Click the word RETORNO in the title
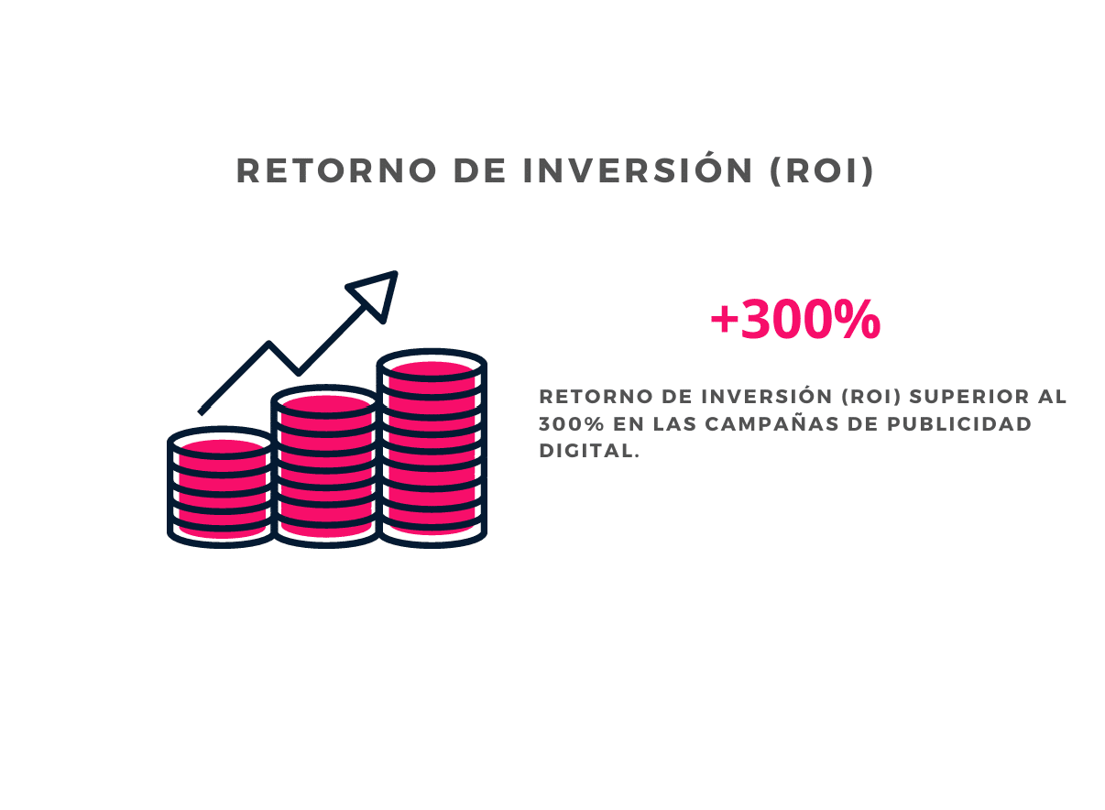click(x=336, y=170)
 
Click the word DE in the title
click(x=479, y=170)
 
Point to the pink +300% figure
click(x=795, y=319)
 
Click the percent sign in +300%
click(x=860, y=319)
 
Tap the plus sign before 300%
click(x=724, y=320)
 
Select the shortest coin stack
click(x=221, y=487)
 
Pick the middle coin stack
click(x=326, y=466)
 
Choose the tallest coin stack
click(x=432, y=448)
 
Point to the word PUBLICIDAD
click(x=959, y=423)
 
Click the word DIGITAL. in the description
click(x=589, y=451)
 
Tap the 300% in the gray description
click(x=571, y=423)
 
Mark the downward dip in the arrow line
click(x=298, y=371)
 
